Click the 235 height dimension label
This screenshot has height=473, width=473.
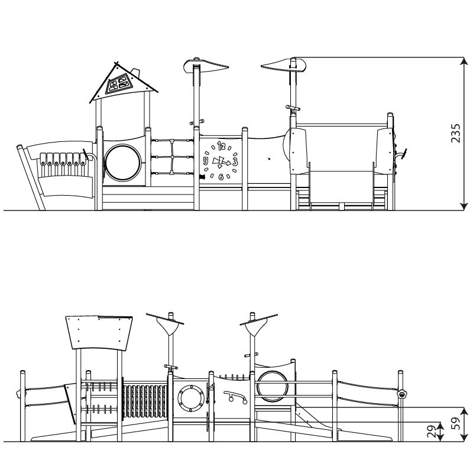[455, 133]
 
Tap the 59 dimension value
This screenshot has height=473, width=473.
[457, 423]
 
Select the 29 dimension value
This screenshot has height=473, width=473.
[432, 432]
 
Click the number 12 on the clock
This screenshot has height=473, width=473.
[221, 146]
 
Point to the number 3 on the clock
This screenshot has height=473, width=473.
[235, 161]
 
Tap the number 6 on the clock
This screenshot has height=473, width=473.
[221, 177]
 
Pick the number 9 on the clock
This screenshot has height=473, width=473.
[206, 160]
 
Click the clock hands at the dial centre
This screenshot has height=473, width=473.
[221, 162]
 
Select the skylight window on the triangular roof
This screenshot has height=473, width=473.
[118, 83]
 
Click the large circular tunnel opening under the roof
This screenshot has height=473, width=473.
[123, 163]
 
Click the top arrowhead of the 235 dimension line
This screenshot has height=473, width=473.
[464, 61]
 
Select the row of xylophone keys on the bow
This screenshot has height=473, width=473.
[63, 159]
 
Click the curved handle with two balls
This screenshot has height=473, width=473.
[235, 396]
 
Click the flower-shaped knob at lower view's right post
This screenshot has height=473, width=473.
[402, 394]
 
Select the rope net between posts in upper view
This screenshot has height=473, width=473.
[172, 157]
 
